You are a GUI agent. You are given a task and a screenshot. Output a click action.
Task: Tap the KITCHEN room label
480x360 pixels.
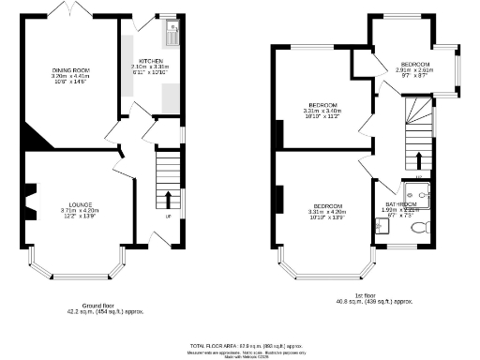click(149, 60)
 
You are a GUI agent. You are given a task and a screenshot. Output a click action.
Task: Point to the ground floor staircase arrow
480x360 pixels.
click(169, 198)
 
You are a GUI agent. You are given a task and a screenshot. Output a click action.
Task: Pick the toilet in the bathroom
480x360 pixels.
click(420, 225)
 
